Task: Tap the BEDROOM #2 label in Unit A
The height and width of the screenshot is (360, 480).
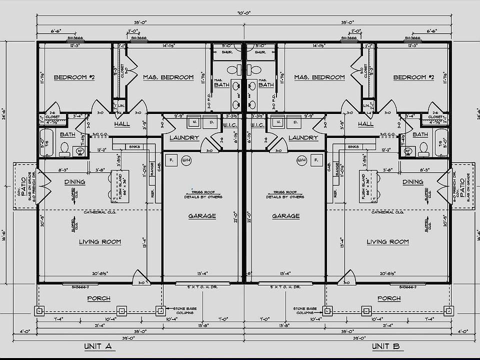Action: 74,77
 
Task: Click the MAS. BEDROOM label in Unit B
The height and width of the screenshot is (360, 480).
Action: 319,77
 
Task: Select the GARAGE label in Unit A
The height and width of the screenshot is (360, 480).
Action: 202,216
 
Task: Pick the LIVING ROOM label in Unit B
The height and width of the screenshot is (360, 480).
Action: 387,242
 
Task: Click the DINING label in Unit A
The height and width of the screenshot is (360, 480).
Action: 74,182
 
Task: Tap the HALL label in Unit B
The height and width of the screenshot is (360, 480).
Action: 365,124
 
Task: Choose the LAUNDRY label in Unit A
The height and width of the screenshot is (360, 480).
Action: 184,138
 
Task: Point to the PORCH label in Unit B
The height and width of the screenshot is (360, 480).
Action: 388,298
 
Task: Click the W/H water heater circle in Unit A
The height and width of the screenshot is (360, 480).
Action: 186,160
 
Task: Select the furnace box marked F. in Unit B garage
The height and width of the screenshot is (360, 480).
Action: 315,160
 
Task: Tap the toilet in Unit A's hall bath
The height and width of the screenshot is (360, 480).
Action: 64,147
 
